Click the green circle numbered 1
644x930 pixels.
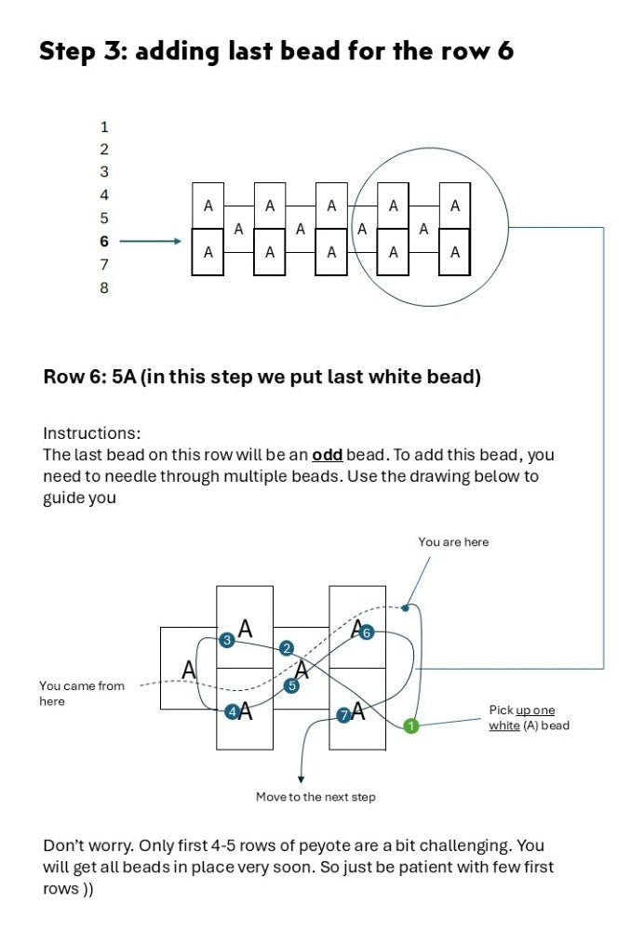coord(411,726)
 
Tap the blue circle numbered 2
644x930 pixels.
coord(287,648)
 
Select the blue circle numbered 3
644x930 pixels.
coord(226,641)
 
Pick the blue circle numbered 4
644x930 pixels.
coord(231,713)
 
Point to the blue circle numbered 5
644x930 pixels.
coord(291,686)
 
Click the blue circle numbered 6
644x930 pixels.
coord(366,633)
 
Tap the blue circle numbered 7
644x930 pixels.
coord(343,715)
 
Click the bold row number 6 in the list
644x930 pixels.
coord(104,242)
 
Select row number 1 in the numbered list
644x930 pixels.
coord(104,126)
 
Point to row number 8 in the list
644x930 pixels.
coord(104,288)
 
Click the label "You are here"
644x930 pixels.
coord(453,542)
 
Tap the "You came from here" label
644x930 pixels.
coord(81,694)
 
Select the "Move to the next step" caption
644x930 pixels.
coord(315,797)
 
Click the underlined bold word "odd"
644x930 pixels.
coord(327,455)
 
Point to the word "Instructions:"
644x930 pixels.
coord(91,433)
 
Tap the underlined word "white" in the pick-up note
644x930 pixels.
coord(504,725)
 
